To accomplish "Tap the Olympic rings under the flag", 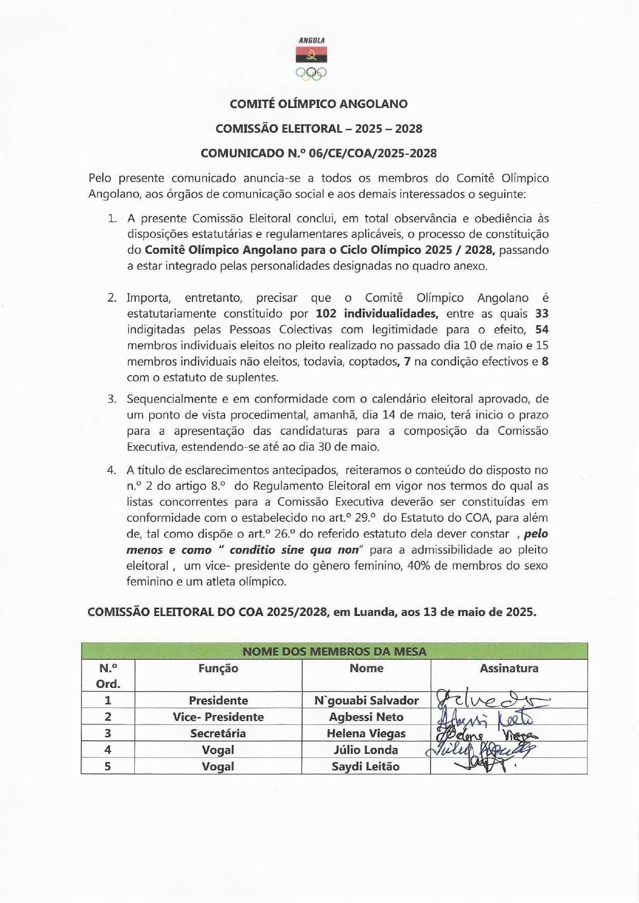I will (311, 74).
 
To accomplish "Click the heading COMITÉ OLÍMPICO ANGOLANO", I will (318, 104).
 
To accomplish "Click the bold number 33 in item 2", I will (542, 313).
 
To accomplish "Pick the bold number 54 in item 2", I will (542, 329).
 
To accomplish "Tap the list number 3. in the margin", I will (112, 399).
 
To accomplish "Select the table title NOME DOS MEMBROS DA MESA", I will (334, 651).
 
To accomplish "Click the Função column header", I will (218, 668).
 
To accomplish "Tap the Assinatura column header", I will (509, 668).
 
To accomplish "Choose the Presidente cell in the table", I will (218, 700).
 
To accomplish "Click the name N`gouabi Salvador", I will (366, 700).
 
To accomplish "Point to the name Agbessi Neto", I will (366, 717).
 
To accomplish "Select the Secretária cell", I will (218, 733).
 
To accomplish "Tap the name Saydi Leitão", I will (365, 766).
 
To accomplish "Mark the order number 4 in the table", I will (108, 750).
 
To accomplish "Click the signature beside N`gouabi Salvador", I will (489, 700).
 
